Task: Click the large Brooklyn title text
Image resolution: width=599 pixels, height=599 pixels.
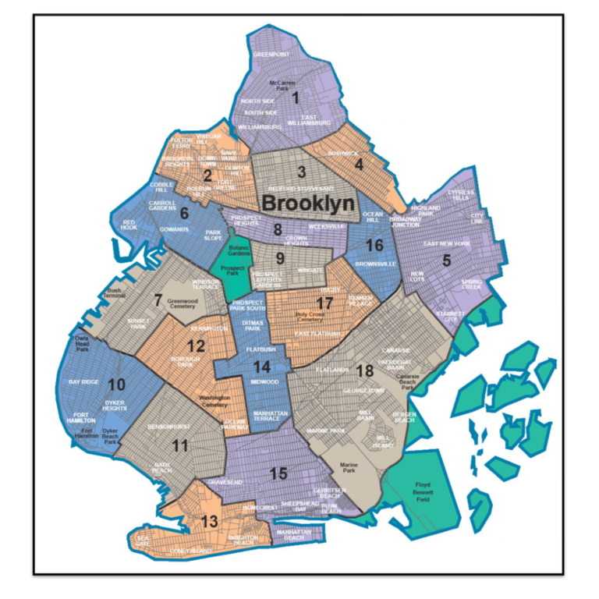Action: click(308, 202)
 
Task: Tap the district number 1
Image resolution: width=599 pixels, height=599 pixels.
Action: click(296, 98)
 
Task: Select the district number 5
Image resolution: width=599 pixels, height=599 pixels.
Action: click(446, 261)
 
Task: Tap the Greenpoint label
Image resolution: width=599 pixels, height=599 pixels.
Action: click(271, 55)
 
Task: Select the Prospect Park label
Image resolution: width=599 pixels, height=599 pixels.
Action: click(234, 271)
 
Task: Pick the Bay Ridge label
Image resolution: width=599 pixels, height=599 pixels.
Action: click(86, 382)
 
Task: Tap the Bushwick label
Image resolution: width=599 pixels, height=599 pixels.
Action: click(343, 154)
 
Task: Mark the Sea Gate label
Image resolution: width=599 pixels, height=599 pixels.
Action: click(143, 540)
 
